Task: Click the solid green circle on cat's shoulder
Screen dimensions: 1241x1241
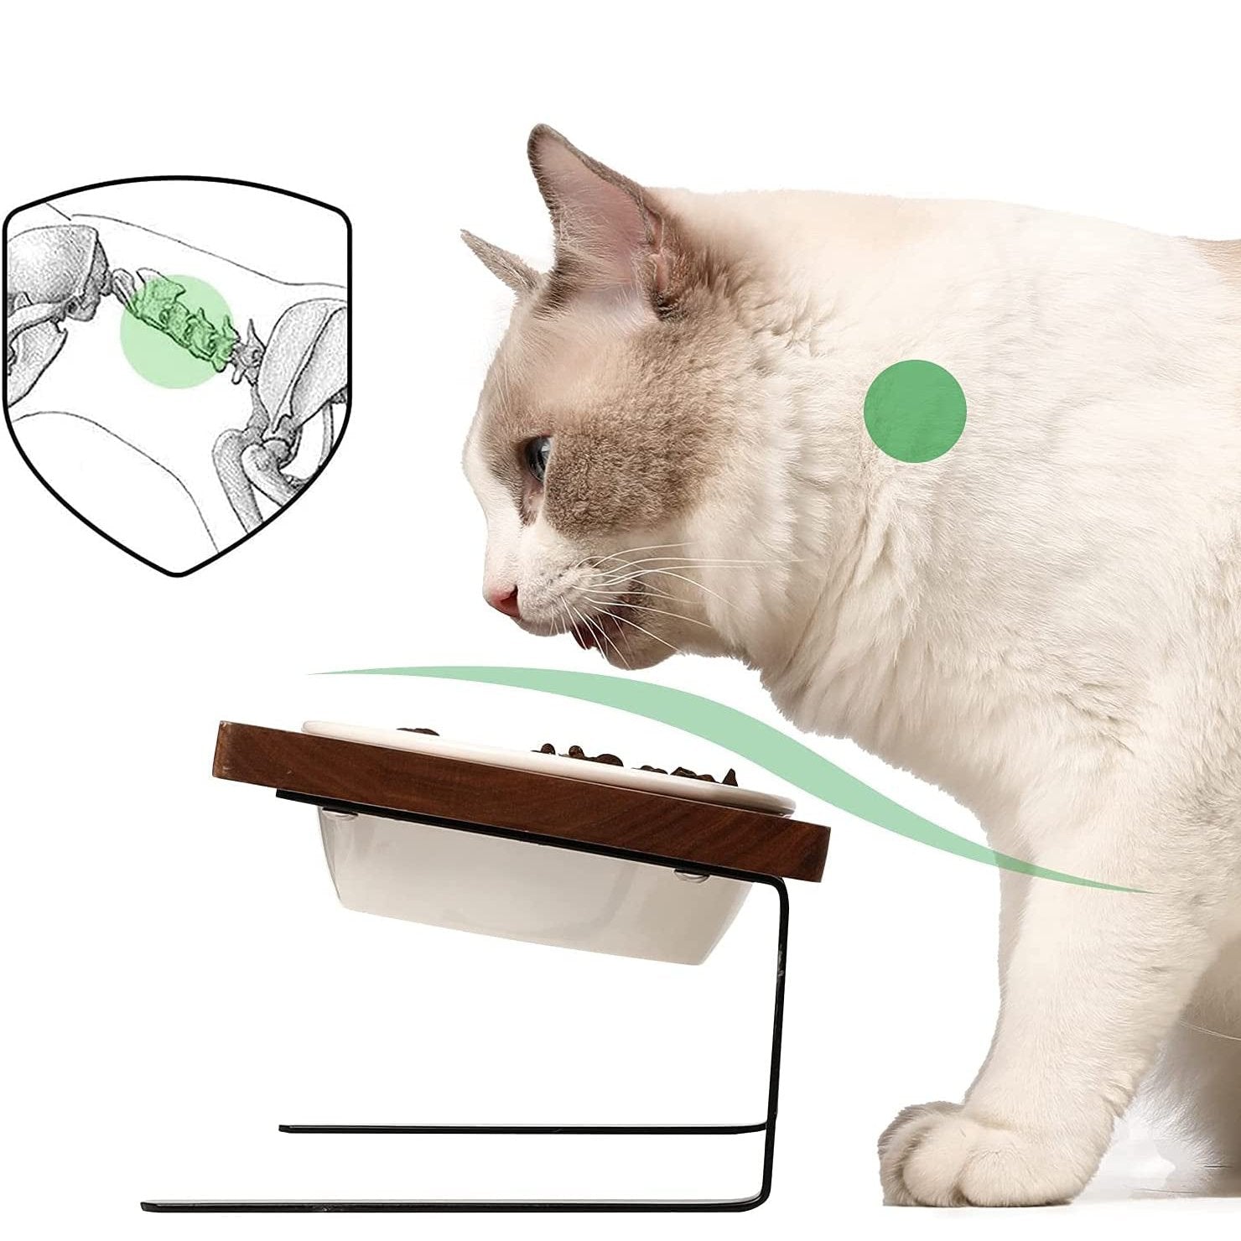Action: pos(915,411)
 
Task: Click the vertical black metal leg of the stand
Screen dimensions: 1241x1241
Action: pos(779,1006)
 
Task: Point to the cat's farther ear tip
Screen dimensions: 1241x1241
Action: pos(470,238)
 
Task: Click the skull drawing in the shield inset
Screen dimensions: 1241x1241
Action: pos(59,277)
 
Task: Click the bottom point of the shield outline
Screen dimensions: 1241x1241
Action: pos(178,574)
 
